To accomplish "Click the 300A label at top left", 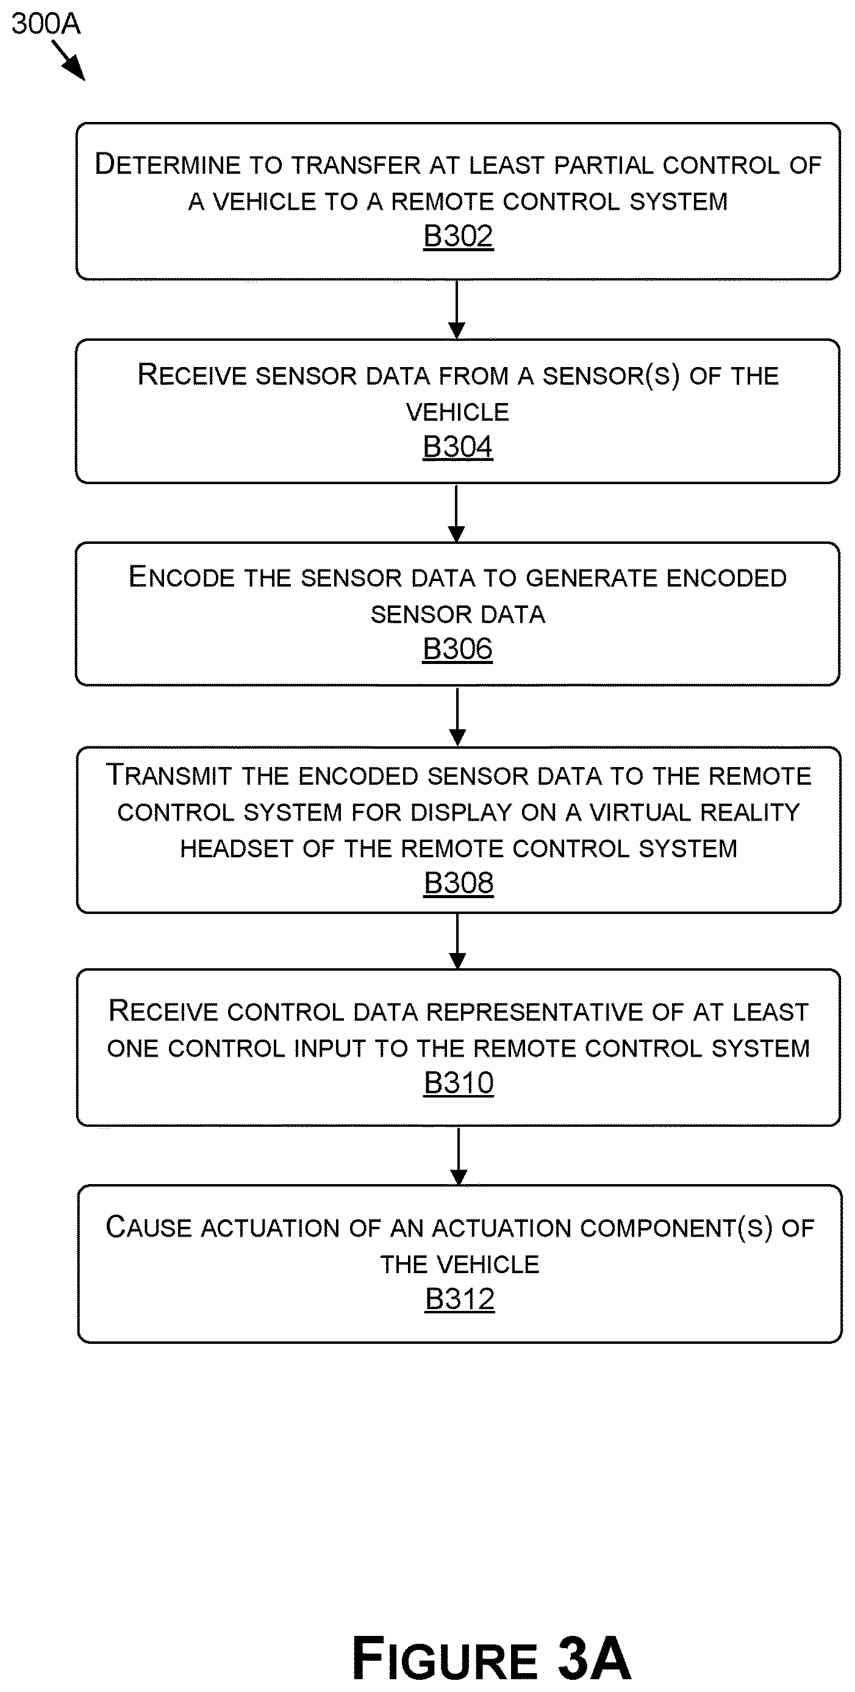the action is click(x=45, y=24).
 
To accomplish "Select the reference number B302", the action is click(x=458, y=237).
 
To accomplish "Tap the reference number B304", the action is click(x=457, y=448).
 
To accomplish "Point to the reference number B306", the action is click(x=457, y=649).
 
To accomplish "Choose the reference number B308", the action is click(x=459, y=883).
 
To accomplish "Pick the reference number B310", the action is click(x=459, y=1082).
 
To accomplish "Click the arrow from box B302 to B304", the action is click(x=457, y=309).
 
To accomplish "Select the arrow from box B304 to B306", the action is click(x=457, y=513).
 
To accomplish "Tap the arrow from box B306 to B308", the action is click(x=457, y=716).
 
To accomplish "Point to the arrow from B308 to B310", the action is click(x=457, y=941).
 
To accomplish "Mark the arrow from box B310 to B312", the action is click(x=459, y=1156).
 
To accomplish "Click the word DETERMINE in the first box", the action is click(x=168, y=164).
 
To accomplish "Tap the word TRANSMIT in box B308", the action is click(x=170, y=776).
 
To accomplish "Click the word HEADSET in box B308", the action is click(x=237, y=849).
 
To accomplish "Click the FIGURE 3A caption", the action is click(x=491, y=1658).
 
